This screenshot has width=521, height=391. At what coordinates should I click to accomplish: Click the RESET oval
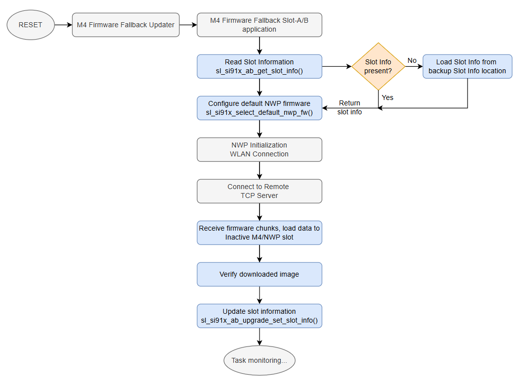(31, 25)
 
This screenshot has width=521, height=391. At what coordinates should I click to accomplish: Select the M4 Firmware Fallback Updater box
(126, 25)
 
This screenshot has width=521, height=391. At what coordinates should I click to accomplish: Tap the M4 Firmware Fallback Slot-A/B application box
(260, 25)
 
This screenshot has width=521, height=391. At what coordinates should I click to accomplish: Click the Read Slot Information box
(260, 66)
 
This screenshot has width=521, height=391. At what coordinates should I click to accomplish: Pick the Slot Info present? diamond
(378, 66)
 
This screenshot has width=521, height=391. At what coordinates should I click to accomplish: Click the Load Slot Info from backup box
(467, 66)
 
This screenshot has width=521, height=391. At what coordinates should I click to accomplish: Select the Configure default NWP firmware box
(260, 108)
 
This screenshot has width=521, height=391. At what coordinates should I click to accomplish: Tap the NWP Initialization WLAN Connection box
(260, 149)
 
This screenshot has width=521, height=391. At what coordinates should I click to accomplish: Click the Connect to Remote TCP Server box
(260, 191)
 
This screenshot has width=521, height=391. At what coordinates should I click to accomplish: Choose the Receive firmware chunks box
(260, 233)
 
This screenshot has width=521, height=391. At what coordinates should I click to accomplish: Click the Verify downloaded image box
(260, 274)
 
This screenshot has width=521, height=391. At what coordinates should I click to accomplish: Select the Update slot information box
(260, 316)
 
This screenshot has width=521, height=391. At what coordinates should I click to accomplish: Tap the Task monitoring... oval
(260, 360)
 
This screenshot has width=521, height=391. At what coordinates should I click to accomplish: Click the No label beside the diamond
(412, 60)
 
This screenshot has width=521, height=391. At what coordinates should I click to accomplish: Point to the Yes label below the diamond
(387, 98)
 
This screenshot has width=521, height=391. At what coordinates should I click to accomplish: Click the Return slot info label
(350, 107)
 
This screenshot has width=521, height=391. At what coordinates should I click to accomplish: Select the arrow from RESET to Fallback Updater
(63, 25)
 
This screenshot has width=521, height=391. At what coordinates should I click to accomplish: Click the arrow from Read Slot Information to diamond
(337, 66)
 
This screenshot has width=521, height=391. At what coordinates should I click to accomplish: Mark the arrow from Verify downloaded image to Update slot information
(260, 295)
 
